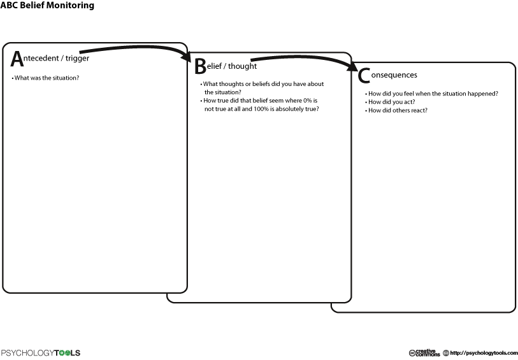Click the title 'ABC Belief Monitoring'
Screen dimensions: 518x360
[47, 5]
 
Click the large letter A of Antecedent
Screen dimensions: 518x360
[17, 59]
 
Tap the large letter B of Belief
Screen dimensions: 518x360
[200, 66]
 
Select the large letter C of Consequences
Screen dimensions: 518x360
[364, 76]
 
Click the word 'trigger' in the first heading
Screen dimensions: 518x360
[77, 59]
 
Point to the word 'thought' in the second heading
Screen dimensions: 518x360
[242, 66]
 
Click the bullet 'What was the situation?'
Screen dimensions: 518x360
[46, 78]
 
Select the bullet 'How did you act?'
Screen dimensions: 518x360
[390, 102]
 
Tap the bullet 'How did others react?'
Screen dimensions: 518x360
[396, 110]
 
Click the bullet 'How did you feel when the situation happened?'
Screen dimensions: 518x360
[432, 94]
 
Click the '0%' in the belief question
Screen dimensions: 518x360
[308, 101]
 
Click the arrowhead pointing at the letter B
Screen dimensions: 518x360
[187, 56]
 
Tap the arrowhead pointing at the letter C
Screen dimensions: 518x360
[352, 66]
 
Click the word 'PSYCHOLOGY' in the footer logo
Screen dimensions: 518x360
[27, 353]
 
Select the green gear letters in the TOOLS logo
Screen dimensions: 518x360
[64, 353]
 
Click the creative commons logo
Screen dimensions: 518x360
[424, 353]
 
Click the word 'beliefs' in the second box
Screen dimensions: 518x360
[261, 84]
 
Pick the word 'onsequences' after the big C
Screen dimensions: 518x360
[394, 75]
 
